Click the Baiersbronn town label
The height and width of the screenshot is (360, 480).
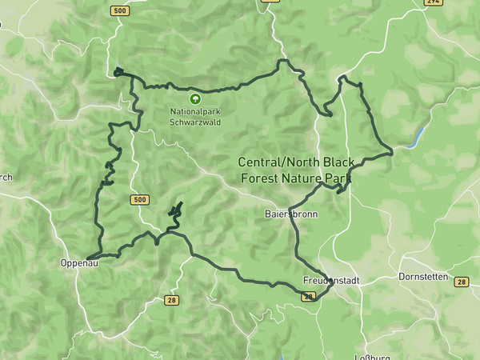[290, 214]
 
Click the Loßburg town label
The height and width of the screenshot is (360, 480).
[371, 354]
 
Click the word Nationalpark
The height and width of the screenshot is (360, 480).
[191, 112]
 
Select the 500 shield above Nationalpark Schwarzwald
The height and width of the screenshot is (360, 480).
[120, 10]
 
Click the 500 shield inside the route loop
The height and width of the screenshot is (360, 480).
[139, 199]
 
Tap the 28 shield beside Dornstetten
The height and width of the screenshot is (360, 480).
[461, 282]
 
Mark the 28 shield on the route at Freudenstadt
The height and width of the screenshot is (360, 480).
[308, 296]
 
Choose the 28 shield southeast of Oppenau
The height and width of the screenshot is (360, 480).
[172, 301]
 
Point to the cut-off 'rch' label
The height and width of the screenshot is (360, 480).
[6, 178]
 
